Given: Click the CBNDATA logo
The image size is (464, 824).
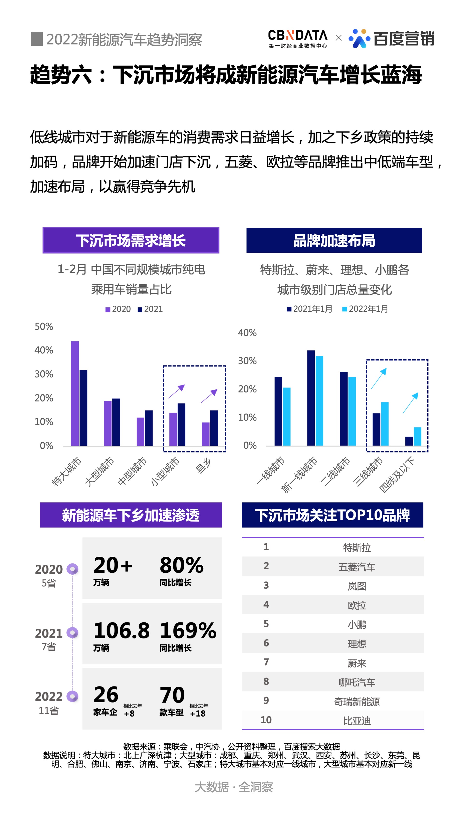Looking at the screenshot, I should [x=297, y=38].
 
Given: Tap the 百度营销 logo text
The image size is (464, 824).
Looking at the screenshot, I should [x=404, y=39].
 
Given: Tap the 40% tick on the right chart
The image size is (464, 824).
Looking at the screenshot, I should [x=247, y=333].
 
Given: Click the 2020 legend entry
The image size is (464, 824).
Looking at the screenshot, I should [x=118, y=309].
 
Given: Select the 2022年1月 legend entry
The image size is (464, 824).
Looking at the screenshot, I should [x=365, y=309].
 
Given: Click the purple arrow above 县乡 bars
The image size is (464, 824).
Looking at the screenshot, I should [x=209, y=396].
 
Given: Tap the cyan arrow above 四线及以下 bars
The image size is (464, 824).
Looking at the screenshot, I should [x=410, y=403].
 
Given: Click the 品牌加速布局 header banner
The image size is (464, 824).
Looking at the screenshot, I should [x=334, y=240].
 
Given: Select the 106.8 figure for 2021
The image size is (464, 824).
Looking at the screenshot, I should [x=121, y=630].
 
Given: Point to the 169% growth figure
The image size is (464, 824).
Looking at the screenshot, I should [x=188, y=630].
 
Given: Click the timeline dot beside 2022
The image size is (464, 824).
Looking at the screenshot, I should [x=72, y=696].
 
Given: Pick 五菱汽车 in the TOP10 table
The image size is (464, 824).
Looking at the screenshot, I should [x=356, y=567].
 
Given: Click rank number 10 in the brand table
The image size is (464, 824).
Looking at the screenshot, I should [x=266, y=720].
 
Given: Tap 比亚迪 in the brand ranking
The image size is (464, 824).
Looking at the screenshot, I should [x=356, y=721].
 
